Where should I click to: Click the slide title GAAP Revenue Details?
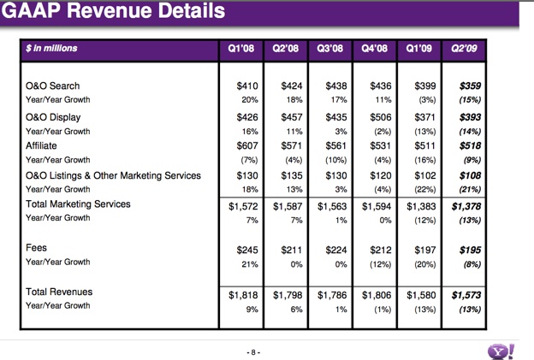(x=116, y=12)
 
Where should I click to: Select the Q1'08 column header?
(x=240, y=48)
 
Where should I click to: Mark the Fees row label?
(x=39, y=249)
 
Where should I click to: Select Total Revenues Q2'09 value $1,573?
(x=467, y=293)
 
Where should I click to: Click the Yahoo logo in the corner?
(x=501, y=351)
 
